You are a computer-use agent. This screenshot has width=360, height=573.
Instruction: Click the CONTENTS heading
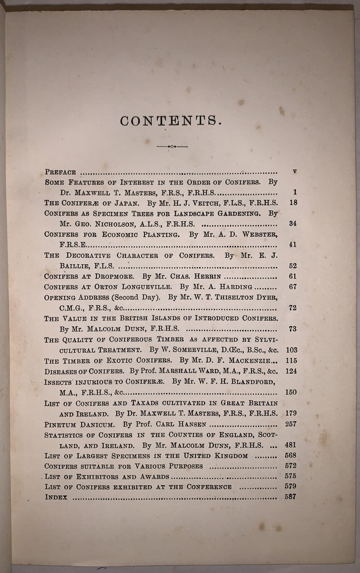[171, 120]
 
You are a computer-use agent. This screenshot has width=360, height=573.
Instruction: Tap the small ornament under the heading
[171, 147]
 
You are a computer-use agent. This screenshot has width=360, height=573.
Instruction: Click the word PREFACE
[60, 171]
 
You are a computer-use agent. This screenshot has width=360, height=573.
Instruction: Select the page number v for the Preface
[294, 171]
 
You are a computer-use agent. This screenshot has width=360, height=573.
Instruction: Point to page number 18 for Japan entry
[292, 202]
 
